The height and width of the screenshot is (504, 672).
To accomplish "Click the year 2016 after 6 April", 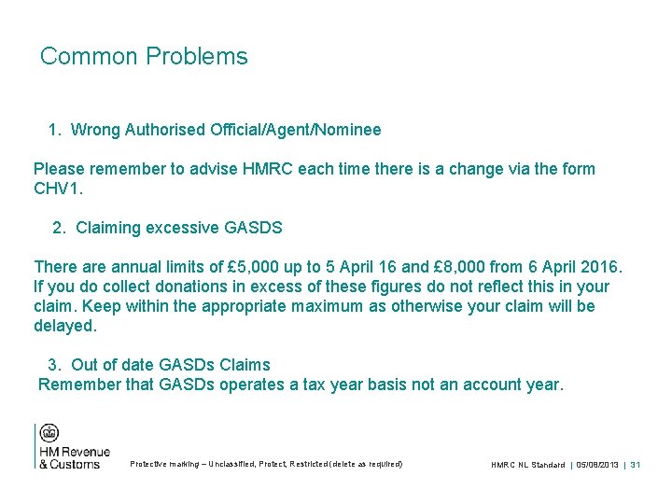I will [598, 267].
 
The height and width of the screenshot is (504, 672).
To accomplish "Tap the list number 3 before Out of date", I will [54, 365].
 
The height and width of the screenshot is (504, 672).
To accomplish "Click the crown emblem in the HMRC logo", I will [49, 433].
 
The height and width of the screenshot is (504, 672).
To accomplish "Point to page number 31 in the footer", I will [635, 464].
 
